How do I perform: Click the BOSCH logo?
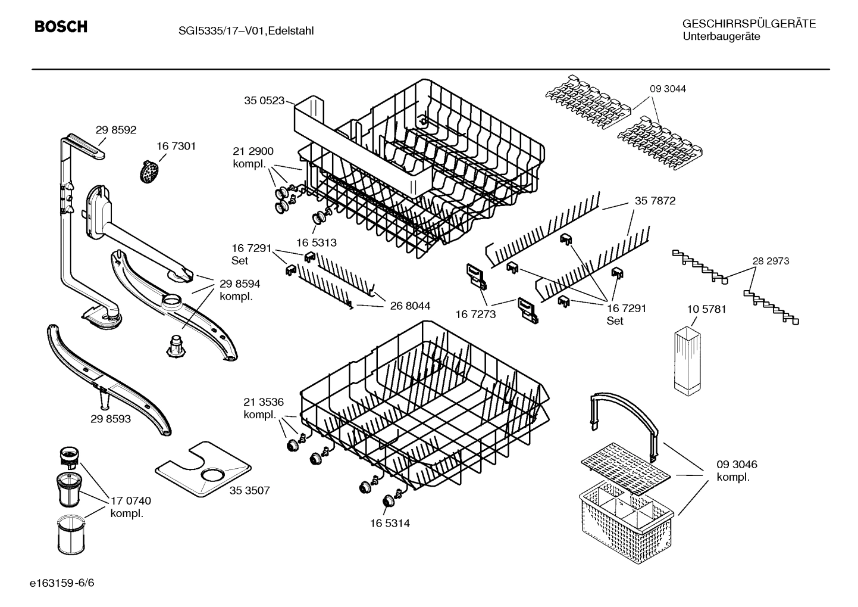pos(61,27)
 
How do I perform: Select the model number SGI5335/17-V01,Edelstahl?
pos(237,31)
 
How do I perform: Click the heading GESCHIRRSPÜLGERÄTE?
pos(749,24)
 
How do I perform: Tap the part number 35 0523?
pos(264,101)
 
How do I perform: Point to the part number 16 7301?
pos(176,146)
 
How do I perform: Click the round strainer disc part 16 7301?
pos(149,172)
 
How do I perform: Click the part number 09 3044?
pos(668,89)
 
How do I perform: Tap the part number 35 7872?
pos(655,201)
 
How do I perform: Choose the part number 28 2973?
pos(771,261)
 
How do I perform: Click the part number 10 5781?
pos(706,309)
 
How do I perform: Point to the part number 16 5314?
pos(389,523)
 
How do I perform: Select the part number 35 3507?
pos(249,490)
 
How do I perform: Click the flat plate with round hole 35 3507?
pos(202,471)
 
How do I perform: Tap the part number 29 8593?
pos(111,419)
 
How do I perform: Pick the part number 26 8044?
pos(410,306)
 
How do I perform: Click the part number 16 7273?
pos(475,314)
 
